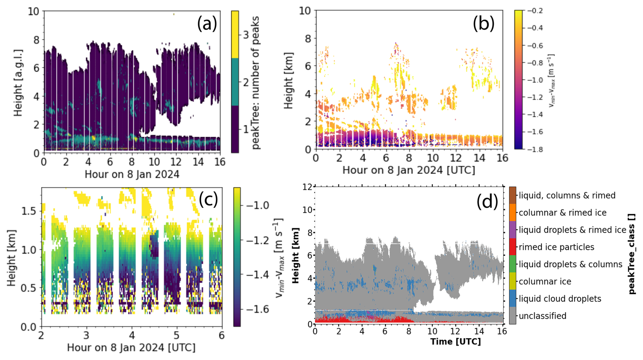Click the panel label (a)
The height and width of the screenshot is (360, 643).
coord(207,24)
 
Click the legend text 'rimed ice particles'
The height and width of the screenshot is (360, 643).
coord(556,247)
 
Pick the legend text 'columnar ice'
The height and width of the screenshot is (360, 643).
coord(545,281)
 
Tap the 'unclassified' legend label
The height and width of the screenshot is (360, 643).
coord(542,316)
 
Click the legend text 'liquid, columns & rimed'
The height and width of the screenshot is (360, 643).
coord(567,195)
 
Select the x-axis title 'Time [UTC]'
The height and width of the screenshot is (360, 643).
coord(455,342)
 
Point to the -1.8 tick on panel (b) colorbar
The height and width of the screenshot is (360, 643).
coord(535,149)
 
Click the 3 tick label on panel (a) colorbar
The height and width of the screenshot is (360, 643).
coord(246,35)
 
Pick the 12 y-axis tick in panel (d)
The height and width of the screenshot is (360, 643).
coord(307,187)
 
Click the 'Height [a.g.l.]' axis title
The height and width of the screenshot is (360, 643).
coord(18,83)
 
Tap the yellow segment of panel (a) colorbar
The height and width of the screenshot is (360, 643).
coord(235,34)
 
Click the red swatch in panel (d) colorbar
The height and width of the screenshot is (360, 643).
coord(512,247)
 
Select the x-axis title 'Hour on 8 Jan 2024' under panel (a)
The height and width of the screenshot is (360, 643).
coord(132,174)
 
